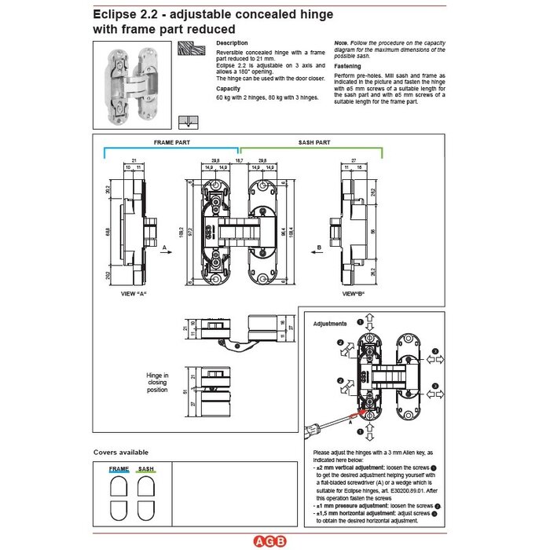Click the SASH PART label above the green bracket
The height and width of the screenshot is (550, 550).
click(x=314, y=144)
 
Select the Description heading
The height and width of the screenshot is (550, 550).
click(x=232, y=42)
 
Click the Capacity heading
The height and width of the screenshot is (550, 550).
click(x=228, y=89)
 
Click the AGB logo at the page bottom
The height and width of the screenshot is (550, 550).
click(x=274, y=541)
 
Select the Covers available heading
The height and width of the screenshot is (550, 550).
click(x=120, y=453)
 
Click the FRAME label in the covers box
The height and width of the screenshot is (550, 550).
click(x=119, y=468)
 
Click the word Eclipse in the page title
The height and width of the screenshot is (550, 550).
click(x=115, y=14)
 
